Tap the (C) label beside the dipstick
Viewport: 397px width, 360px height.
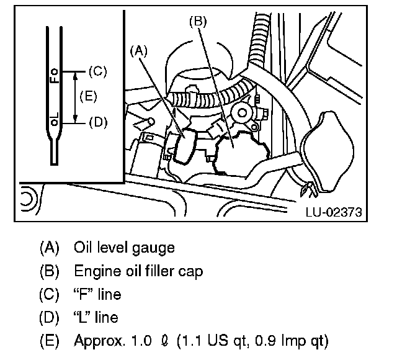coord(98,71)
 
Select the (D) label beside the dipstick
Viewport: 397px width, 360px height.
coord(98,122)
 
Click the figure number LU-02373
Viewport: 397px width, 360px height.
coord(333,212)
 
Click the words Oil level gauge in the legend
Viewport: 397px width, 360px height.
coord(123,248)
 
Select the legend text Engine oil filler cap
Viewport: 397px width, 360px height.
coord(138,271)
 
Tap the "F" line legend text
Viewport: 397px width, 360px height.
coord(97,295)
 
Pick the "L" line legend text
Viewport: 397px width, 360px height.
coord(96,318)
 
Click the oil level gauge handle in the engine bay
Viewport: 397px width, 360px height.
coord(186,148)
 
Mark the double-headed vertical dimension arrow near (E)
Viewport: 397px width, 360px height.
coord(75,97)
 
